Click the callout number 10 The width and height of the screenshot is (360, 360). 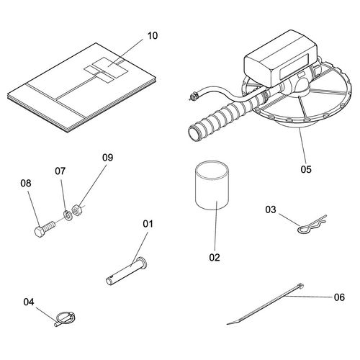pyautogui.click(x=153, y=36)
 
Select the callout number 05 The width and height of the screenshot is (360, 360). pyautogui.click(x=306, y=169)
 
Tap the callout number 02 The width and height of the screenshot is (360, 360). pyautogui.click(x=215, y=257)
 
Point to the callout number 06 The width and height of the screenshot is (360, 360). pyautogui.click(x=339, y=297)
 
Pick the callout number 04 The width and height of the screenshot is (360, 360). pyautogui.click(x=29, y=302)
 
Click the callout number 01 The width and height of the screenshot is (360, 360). pyautogui.click(x=148, y=224)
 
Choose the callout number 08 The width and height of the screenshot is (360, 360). pyautogui.click(x=26, y=184)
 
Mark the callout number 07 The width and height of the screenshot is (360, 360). pyautogui.click(x=60, y=171)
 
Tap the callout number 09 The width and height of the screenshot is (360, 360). pyautogui.click(x=107, y=158)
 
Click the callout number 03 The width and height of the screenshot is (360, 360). pyautogui.click(x=271, y=210)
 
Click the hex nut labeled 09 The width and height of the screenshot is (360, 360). pyautogui.click(x=77, y=210)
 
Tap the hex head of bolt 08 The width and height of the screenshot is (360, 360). pyautogui.click(x=39, y=232)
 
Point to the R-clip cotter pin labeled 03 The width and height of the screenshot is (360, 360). pyautogui.click(x=312, y=225)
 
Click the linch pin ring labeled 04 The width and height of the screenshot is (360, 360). pyautogui.click(x=66, y=319)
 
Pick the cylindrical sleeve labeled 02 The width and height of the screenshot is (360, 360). pyautogui.click(x=212, y=186)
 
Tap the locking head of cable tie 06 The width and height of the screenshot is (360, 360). pyautogui.click(x=301, y=285)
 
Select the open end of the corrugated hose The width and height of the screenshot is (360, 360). pyautogui.click(x=194, y=133)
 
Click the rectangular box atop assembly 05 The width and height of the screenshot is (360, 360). pyautogui.click(x=281, y=59)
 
